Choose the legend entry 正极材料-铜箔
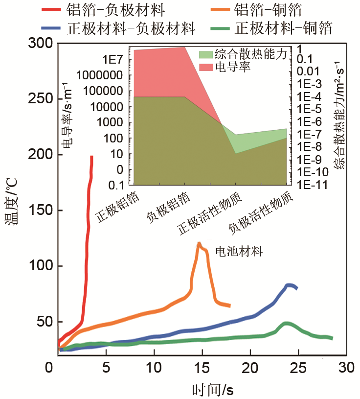point(283,27)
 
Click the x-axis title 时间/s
point(212,390)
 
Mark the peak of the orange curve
point(199,243)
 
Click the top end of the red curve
point(91,157)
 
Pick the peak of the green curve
point(287,324)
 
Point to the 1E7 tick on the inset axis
point(116,60)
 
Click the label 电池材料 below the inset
point(239,252)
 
